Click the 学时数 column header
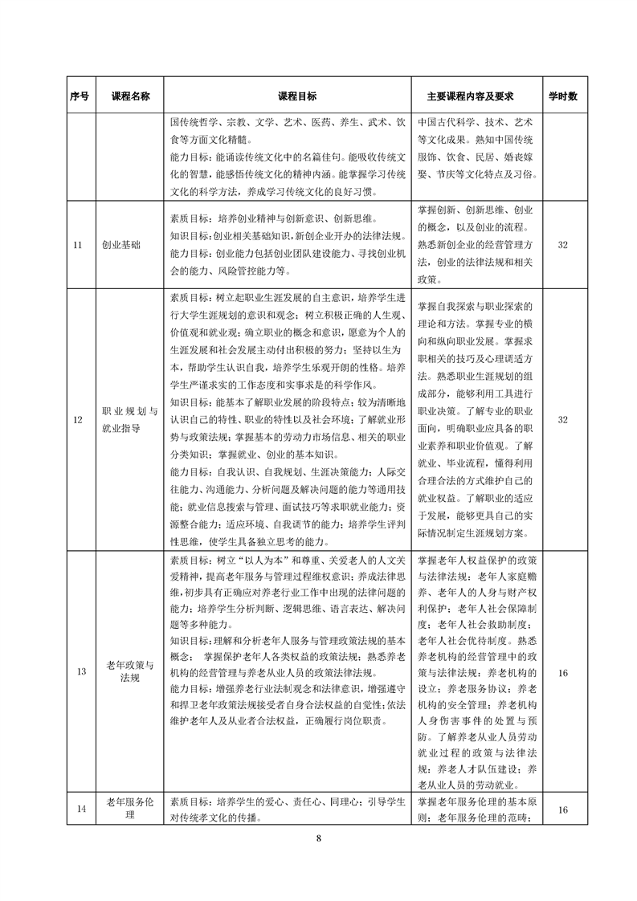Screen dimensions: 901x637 point(563,96)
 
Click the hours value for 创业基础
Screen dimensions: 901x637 point(563,245)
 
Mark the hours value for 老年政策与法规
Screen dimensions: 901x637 point(563,671)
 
